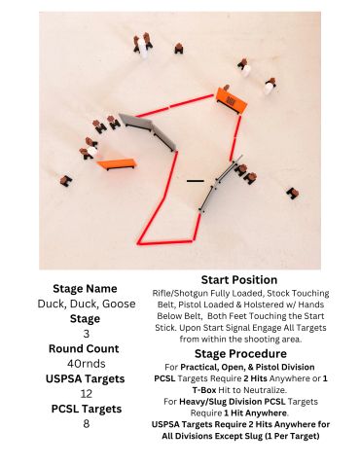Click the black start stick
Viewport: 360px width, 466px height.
coord(196,181)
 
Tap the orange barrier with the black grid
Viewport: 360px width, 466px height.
coord(232,100)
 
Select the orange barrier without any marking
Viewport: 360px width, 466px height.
coord(117,163)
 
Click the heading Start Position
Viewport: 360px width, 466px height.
coord(239,280)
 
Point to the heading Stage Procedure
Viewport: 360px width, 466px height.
coord(240,353)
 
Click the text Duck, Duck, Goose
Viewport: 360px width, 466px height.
coord(87,304)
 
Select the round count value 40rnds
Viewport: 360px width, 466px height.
coord(87,364)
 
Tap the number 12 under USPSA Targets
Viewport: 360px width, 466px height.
coord(87,394)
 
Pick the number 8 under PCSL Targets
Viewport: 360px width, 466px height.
coord(87,424)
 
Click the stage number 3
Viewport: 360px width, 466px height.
coord(87,334)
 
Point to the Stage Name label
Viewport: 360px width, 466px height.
coord(85,289)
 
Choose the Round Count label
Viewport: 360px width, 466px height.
coord(84,348)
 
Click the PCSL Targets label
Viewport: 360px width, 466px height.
coord(87,409)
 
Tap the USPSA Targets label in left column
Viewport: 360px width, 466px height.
coord(86,378)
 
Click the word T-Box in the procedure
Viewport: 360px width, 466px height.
coord(204,389)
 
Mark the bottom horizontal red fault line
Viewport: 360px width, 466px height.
coord(165,242)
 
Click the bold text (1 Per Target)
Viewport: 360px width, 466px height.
coord(292,436)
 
